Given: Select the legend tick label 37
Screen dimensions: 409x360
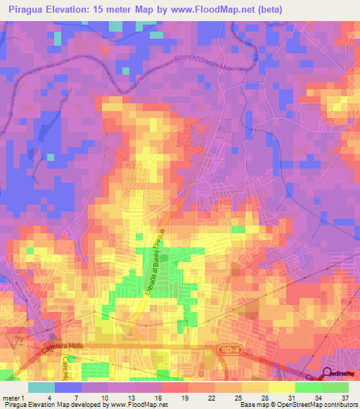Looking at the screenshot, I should point(345,398).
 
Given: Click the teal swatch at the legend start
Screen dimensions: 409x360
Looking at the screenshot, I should point(41,387).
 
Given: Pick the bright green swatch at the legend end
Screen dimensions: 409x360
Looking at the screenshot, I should point(335,387).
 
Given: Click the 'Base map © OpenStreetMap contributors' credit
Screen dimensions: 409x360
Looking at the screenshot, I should point(298,405).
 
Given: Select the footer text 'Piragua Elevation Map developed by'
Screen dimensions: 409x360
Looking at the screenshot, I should point(51,405).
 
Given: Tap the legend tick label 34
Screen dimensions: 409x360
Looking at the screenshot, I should point(319,398).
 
